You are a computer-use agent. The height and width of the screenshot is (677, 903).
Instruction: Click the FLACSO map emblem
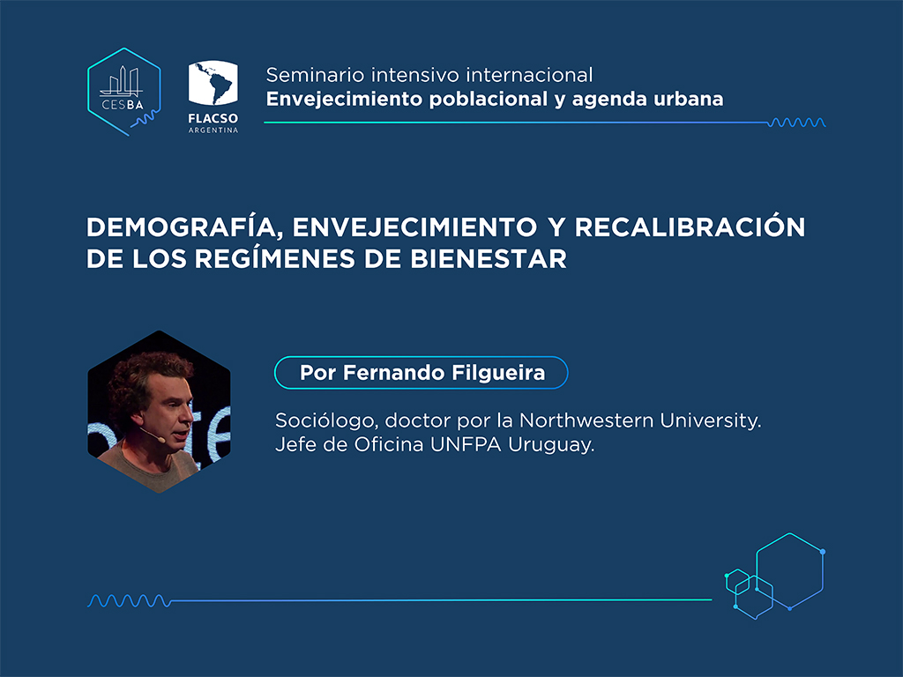pyautogui.click(x=213, y=83)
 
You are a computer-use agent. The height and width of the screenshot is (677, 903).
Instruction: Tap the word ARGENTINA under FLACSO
pyautogui.click(x=213, y=130)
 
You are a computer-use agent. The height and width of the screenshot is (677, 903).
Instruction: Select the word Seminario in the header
pyautogui.click(x=315, y=75)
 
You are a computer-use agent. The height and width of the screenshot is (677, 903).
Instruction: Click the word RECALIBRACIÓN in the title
pyautogui.click(x=690, y=227)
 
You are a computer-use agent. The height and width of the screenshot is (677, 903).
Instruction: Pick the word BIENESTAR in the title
pyautogui.click(x=489, y=259)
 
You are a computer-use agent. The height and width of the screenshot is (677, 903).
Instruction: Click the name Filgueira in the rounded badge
pyautogui.click(x=498, y=373)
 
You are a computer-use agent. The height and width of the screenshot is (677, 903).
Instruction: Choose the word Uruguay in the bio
pyautogui.click(x=551, y=445)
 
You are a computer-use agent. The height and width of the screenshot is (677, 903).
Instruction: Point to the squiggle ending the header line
pyautogui.click(x=796, y=122)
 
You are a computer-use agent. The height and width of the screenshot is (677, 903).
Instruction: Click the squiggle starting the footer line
pyautogui.click(x=129, y=601)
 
